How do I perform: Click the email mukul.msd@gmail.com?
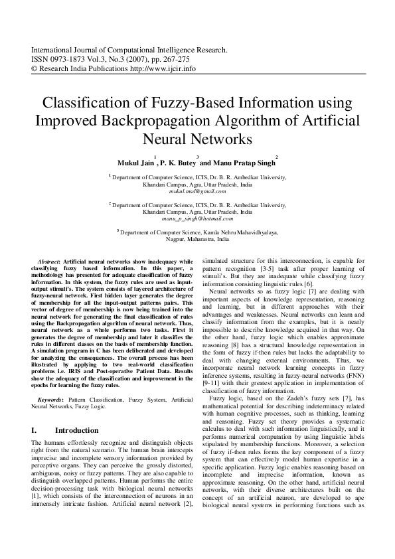197,191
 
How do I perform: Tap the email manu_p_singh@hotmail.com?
197,218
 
